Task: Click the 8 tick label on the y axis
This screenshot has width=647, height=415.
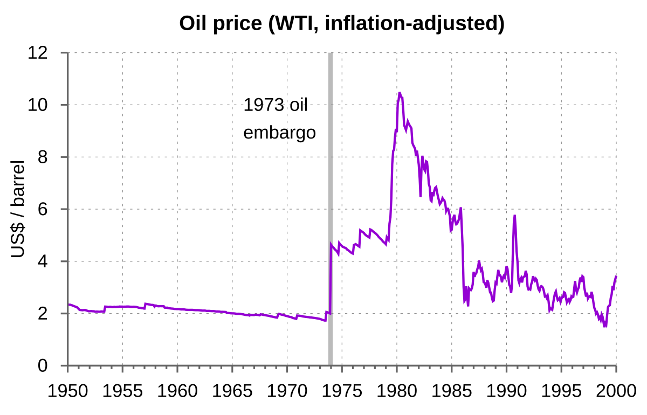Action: tap(44, 157)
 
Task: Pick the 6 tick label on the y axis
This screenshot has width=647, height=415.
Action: tap(44, 209)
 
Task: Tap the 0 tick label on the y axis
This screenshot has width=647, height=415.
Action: tap(44, 366)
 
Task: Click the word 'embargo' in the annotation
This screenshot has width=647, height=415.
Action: tap(279, 133)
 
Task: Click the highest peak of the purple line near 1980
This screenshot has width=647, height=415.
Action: tap(400, 93)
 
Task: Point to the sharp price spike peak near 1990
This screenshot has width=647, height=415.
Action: tap(514, 216)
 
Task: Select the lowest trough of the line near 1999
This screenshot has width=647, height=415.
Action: tap(605, 326)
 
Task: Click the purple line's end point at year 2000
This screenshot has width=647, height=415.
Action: tap(616, 276)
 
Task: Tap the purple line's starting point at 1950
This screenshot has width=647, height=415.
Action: tap(68, 305)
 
